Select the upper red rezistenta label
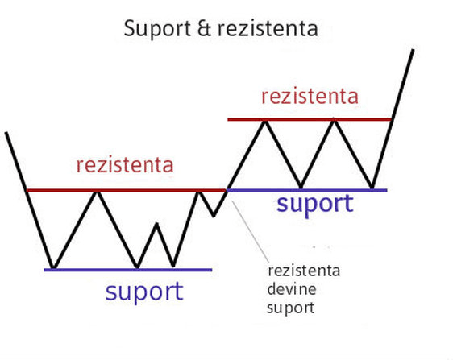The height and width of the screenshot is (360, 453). click(310, 97)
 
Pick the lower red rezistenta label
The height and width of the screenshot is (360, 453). click(125, 165)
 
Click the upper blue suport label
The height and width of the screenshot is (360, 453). click(314, 204)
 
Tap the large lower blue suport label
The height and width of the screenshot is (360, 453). click(144, 291)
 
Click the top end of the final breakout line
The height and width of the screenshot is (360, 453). click(414, 50)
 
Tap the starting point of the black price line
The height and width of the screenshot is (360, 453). click(6, 132)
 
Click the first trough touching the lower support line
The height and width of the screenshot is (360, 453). click(52, 267)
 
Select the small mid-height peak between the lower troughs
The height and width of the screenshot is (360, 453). click(157, 224)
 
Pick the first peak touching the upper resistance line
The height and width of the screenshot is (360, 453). click(264, 121)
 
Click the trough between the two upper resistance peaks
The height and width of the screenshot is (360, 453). click(301, 188)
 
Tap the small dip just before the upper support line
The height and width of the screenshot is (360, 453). click(214, 215)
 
